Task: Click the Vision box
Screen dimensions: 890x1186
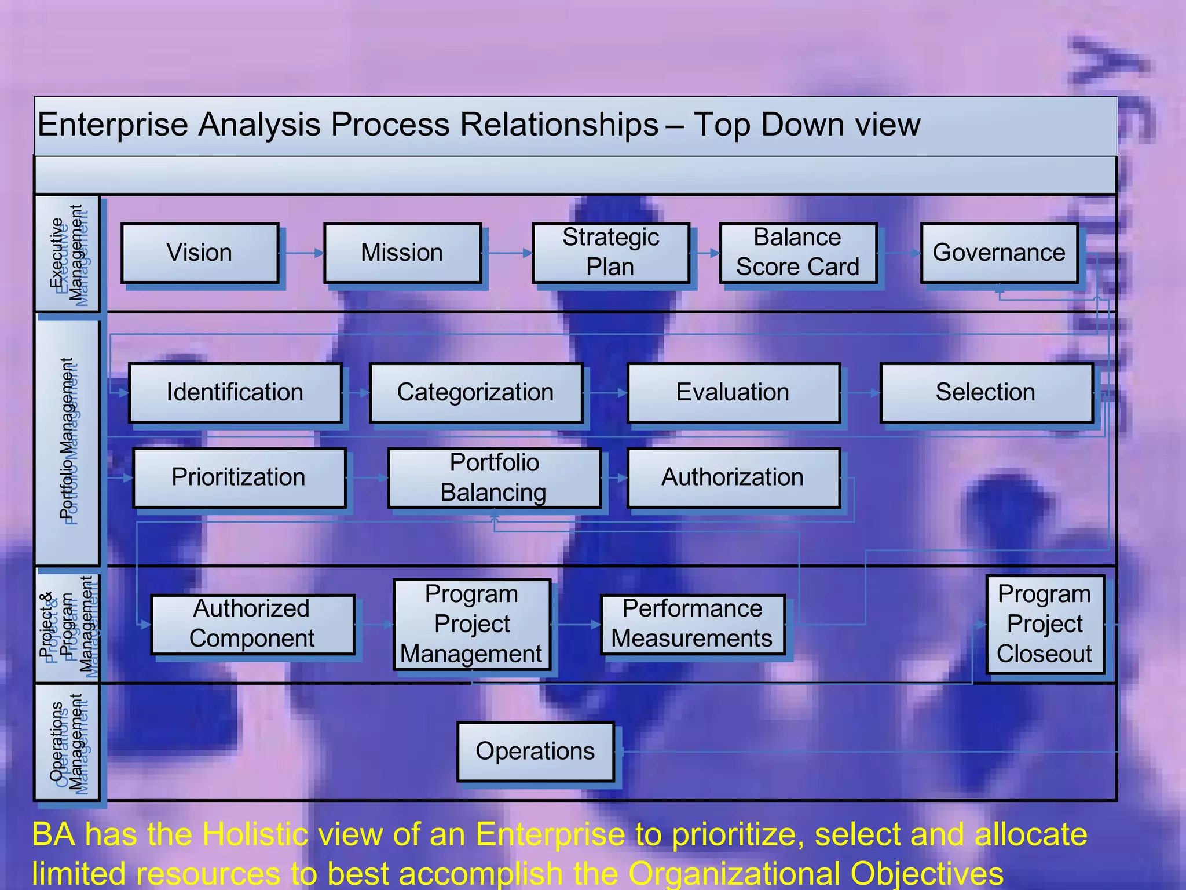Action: pos(200,253)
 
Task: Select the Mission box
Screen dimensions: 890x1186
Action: pos(402,253)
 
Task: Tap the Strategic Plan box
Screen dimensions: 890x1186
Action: pos(611,253)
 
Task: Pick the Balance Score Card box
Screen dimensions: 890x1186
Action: pos(798,253)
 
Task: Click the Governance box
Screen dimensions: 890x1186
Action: pos(999,253)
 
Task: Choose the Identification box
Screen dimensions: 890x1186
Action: pos(235,393)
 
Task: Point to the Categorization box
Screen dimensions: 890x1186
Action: pos(475,393)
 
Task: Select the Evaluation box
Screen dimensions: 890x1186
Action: pos(733,393)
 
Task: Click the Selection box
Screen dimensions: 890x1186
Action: pos(986,393)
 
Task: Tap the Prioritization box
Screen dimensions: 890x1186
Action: pos(239,477)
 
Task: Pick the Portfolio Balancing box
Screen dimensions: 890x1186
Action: pos(494,477)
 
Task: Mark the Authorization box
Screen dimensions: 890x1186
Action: pos(733,477)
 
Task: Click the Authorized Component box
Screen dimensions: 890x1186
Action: pos(252,624)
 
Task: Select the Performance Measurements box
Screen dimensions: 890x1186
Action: pos(693,624)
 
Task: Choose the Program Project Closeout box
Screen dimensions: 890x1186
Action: pos(1045,624)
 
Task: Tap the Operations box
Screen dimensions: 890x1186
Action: pos(535,752)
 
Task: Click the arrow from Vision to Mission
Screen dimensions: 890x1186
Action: pos(301,253)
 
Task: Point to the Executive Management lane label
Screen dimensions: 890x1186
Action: pos(67,253)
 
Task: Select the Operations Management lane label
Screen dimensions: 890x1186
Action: pos(67,742)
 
